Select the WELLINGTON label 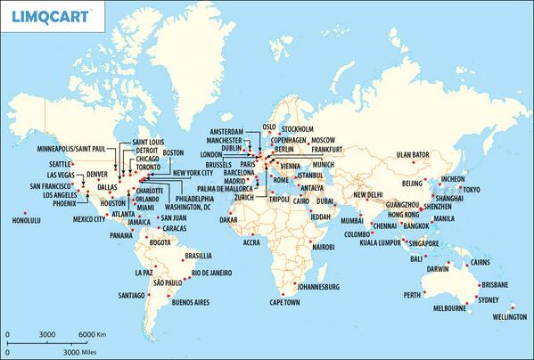tap(506, 317)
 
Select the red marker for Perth tap(424, 290)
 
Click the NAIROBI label tap(323, 245)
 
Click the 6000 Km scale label tap(93, 334)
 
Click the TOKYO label tap(471, 190)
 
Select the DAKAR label tap(229, 219)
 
